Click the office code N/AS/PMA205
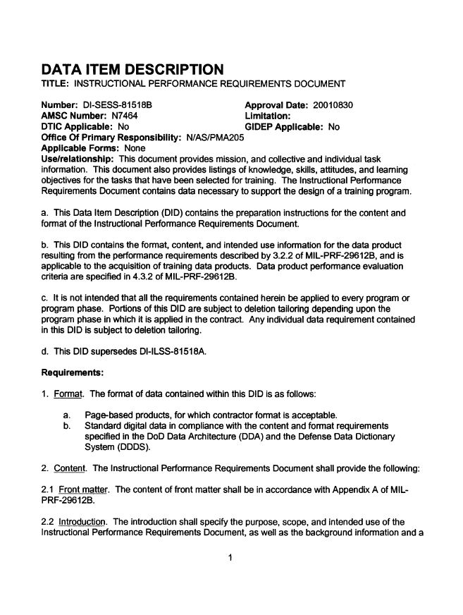point(215,138)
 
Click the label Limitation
point(268,116)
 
